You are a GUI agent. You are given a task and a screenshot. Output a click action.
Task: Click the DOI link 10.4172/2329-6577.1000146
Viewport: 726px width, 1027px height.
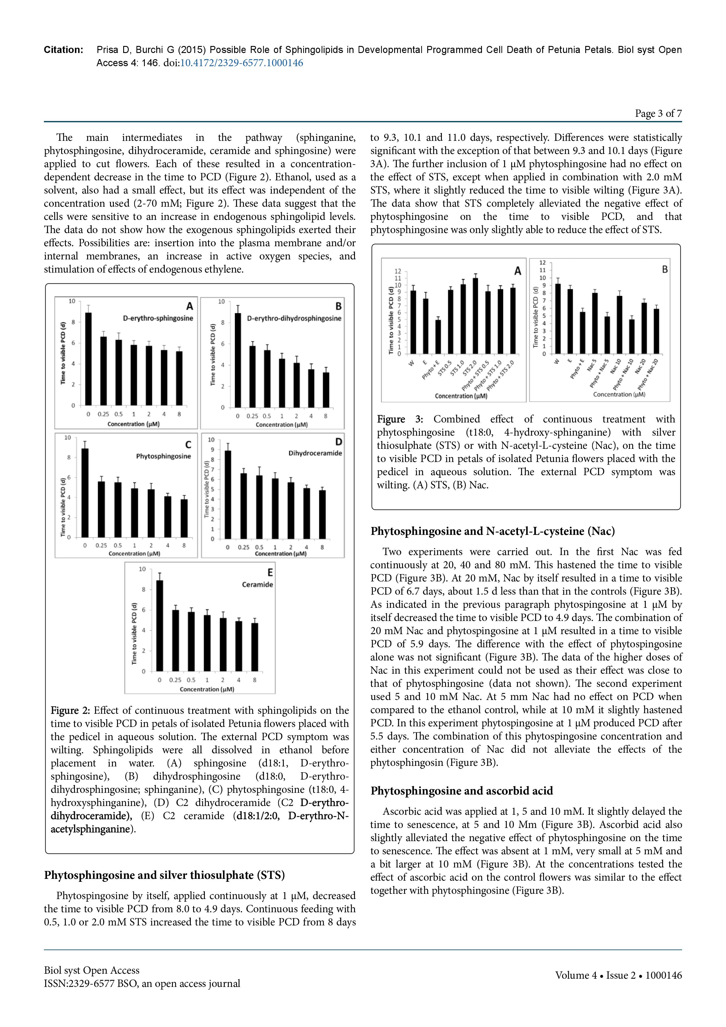[x=241, y=63]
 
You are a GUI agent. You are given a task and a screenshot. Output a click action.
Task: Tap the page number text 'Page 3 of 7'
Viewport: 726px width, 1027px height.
[x=658, y=114]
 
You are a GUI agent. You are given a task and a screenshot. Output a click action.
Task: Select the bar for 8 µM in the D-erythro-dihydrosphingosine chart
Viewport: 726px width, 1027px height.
[x=326, y=390]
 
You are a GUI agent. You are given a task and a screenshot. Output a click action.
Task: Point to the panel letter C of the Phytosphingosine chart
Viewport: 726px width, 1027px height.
[x=188, y=445]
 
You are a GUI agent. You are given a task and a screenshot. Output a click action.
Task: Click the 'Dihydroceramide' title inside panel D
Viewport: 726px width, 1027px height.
[x=315, y=453]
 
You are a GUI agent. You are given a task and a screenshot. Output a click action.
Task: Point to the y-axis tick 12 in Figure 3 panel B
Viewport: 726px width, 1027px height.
[x=543, y=263]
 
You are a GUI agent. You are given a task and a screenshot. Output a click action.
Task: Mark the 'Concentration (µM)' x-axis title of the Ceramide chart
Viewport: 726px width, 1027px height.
[x=207, y=689]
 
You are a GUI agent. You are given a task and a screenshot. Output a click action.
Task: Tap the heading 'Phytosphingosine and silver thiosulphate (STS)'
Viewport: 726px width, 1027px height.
[x=164, y=875]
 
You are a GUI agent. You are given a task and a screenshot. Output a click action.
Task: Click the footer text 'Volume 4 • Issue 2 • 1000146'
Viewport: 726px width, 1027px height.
[x=618, y=975]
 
